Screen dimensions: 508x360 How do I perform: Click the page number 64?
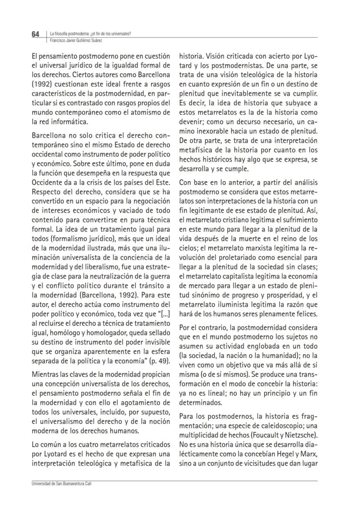click(35, 34)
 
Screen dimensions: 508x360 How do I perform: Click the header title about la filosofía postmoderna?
click(91, 34)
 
